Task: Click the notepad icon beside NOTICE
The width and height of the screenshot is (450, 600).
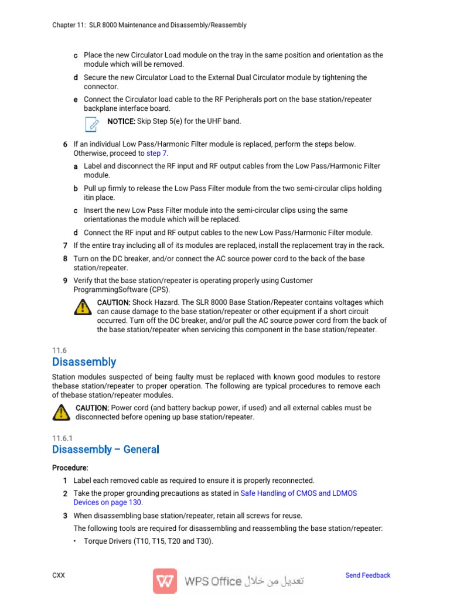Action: tap(91, 123)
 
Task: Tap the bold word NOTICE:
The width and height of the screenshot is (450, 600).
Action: tap(121, 121)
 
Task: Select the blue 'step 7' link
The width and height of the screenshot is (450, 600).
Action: tap(156, 153)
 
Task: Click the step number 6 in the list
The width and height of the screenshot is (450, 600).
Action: tap(65, 144)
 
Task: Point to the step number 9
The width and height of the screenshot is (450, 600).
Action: tap(65, 281)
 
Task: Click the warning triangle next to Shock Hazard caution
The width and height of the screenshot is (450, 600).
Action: tap(83, 306)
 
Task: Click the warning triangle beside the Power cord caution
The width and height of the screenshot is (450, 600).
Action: tap(60, 412)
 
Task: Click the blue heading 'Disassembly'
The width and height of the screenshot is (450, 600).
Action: tap(84, 362)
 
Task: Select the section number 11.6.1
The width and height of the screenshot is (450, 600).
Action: tap(62, 438)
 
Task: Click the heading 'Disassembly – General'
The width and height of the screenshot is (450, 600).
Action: tap(105, 449)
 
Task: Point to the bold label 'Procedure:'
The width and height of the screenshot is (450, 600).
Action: tap(70, 468)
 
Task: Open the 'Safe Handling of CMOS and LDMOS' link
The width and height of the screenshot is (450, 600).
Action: tap(298, 493)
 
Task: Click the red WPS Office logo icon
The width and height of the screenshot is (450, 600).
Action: tap(165, 581)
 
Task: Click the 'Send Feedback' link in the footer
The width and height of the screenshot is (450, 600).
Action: tap(367, 575)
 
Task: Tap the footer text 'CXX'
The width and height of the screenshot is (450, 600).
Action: tap(59, 575)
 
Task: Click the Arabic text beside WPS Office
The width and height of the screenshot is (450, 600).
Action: tap(275, 581)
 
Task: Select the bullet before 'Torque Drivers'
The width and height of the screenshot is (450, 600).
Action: tap(76, 541)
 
